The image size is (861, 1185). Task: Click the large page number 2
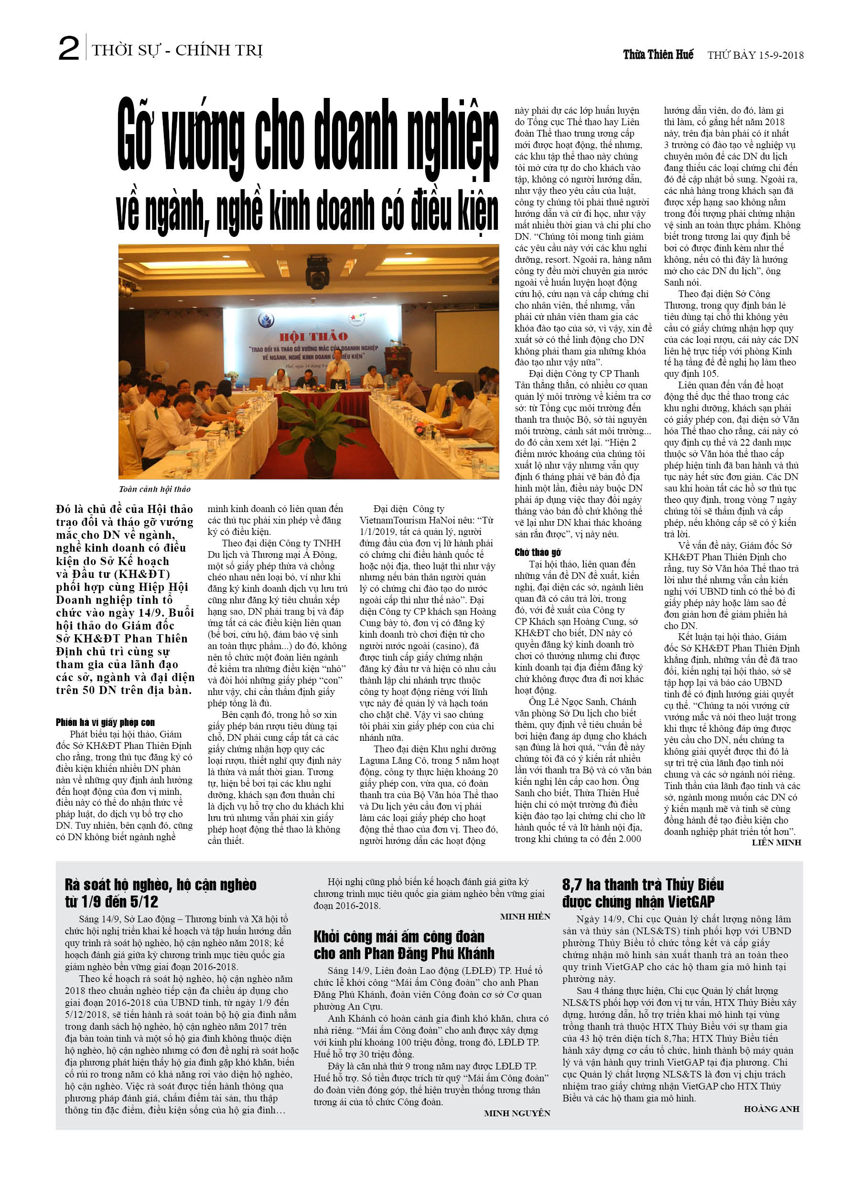click(x=69, y=49)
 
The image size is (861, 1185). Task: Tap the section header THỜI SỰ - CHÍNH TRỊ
click(x=177, y=50)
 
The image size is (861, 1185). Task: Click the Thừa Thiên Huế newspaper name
click(x=657, y=54)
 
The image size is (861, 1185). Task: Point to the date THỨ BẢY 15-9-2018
click(x=755, y=55)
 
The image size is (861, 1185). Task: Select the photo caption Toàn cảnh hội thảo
click(x=155, y=489)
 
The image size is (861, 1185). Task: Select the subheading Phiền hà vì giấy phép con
click(x=105, y=723)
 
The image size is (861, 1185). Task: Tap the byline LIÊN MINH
click(x=776, y=842)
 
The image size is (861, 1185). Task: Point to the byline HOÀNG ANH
click(x=771, y=1109)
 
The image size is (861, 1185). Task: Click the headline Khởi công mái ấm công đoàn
click(x=398, y=936)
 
